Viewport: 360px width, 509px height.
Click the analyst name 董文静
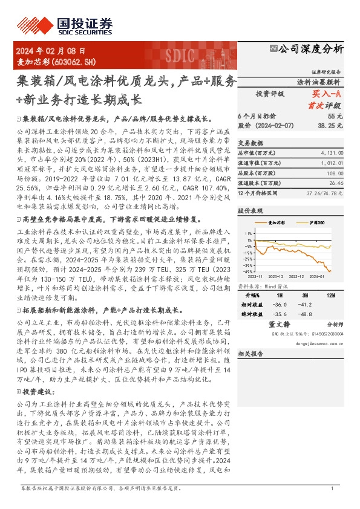280,324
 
